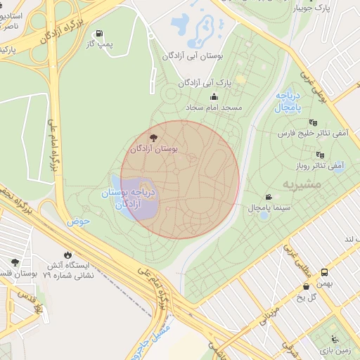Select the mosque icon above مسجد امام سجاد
click(x=214, y=96)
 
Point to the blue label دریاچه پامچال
click(x=288, y=103)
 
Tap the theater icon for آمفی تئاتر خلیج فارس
click(x=313, y=122)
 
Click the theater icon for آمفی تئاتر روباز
click(x=321, y=155)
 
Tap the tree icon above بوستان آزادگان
click(x=154, y=137)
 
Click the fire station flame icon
click(x=67, y=255)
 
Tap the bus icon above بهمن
click(x=324, y=272)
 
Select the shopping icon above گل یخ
click(x=306, y=286)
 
